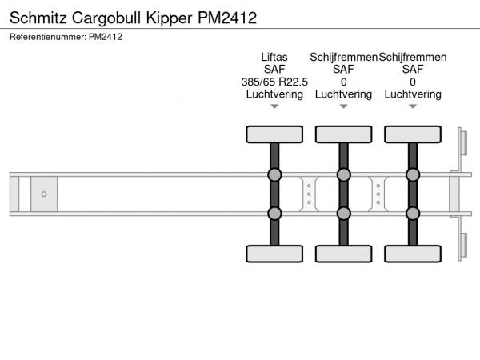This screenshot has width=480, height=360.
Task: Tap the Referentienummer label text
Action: click(47, 36)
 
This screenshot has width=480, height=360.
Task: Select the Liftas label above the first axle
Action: click(274, 57)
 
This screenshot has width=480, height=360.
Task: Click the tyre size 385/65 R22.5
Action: click(274, 82)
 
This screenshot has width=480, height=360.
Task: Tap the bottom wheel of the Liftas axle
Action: click(274, 254)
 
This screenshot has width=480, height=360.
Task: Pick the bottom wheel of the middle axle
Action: click(343, 254)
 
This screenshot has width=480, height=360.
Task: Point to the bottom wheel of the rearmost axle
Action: click(413, 254)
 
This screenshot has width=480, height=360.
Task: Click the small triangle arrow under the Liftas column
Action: click(274, 106)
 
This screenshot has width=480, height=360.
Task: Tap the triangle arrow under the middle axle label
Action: click(343, 106)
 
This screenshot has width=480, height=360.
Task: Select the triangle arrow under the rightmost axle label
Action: click(413, 106)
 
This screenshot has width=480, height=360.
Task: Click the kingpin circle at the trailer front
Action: click(44, 194)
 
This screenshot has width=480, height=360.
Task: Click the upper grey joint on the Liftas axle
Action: click(274, 175)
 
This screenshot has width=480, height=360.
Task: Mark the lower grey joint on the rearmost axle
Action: click(413, 213)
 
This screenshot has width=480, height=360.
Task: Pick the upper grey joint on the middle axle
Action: click(343, 175)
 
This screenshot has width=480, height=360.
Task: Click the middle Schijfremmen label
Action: click(344, 57)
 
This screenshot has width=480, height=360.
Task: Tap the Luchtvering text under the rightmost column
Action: click(413, 94)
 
